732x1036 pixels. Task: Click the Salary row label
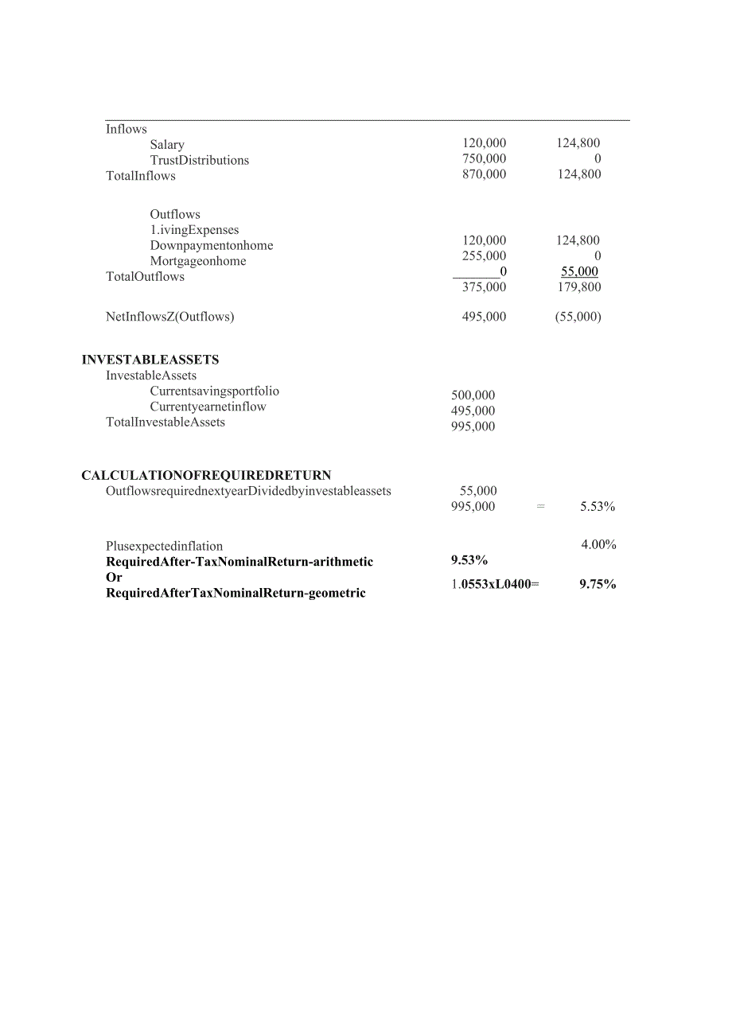click(167, 145)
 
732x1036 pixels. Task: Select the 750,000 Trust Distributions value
click(484, 159)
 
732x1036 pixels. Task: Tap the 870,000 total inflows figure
click(484, 174)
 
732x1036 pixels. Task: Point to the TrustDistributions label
click(199, 161)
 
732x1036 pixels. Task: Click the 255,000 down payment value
click(484, 256)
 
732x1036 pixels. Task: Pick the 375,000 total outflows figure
click(484, 287)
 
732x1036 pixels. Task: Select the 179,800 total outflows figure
click(579, 287)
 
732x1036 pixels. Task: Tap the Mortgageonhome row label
click(198, 262)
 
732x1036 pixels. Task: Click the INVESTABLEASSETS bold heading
click(150, 360)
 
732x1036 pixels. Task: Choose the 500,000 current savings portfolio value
click(473, 395)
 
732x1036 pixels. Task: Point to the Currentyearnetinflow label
click(208, 407)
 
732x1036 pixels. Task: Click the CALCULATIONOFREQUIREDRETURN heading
click(206, 476)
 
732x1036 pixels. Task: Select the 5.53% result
click(598, 507)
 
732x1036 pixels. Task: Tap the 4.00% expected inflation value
click(599, 545)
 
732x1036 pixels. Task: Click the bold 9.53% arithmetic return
click(469, 561)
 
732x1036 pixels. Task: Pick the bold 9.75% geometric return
click(598, 584)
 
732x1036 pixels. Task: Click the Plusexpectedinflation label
click(164, 547)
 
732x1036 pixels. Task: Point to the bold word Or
click(114, 578)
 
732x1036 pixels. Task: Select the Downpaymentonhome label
click(211, 246)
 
